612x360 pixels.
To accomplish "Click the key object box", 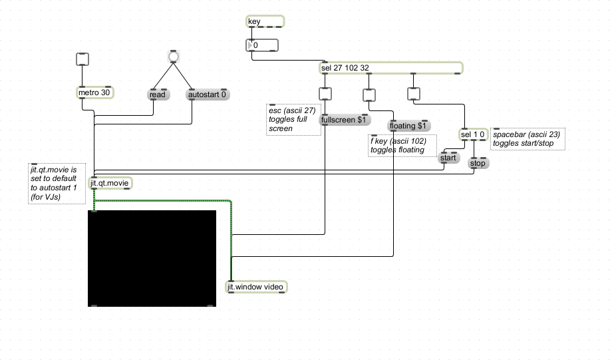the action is (265, 21).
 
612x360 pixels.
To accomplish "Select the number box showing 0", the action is (262, 45).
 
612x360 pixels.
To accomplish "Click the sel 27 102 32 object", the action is (390, 68).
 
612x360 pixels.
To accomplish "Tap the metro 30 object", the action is (95, 92).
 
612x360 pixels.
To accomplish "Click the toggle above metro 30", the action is (82, 59).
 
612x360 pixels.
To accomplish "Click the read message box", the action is (158, 94).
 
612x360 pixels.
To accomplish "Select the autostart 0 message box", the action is (208, 94).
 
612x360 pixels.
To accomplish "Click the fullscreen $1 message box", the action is (345, 120).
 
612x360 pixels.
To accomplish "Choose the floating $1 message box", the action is (409, 126).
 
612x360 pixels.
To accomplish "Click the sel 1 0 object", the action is (474, 134).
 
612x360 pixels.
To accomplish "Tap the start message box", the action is (449, 158).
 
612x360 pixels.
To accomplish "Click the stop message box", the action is (478, 163).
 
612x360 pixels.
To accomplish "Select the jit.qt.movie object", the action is (110, 183).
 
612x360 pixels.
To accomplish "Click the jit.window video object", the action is (256, 287).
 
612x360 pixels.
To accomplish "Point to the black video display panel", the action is (152, 258).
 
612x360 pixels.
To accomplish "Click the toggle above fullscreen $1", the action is (325, 94).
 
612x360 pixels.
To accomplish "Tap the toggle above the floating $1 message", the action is (369, 95).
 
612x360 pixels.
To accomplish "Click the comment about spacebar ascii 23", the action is (528, 138).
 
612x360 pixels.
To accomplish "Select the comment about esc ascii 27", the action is (293, 120).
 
